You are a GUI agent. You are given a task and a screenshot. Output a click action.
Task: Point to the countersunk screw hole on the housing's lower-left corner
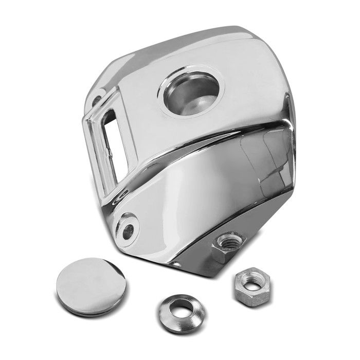pos(127,230)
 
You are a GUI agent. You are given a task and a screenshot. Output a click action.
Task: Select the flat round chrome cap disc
pos(90,286)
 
